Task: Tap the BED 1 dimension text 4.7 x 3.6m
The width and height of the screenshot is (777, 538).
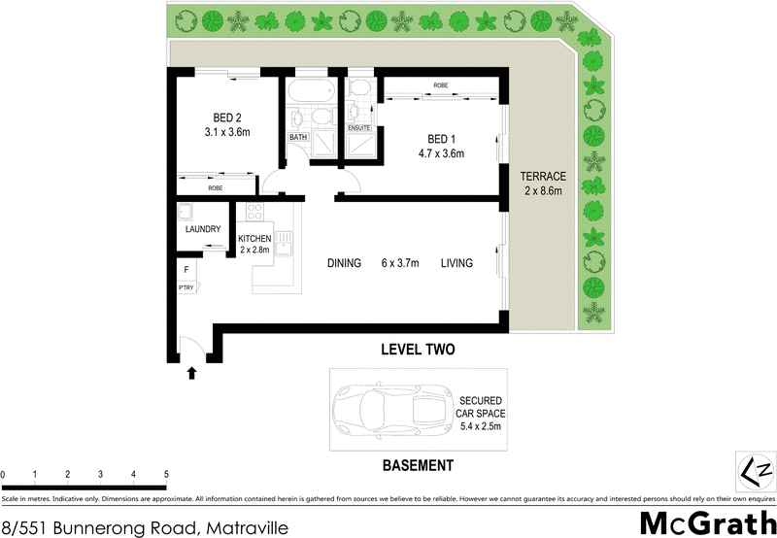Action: (x=440, y=152)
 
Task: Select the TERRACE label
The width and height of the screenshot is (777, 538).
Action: (x=543, y=176)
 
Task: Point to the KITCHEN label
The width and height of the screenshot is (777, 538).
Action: (x=254, y=238)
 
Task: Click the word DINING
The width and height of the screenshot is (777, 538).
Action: (x=344, y=263)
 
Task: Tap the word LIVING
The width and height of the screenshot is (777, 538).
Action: (x=456, y=263)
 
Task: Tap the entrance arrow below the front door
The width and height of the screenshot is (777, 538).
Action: (x=191, y=371)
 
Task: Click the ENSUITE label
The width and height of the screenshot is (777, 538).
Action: (x=360, y=128)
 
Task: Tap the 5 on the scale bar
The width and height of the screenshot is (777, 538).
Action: (x=166, y=475)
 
